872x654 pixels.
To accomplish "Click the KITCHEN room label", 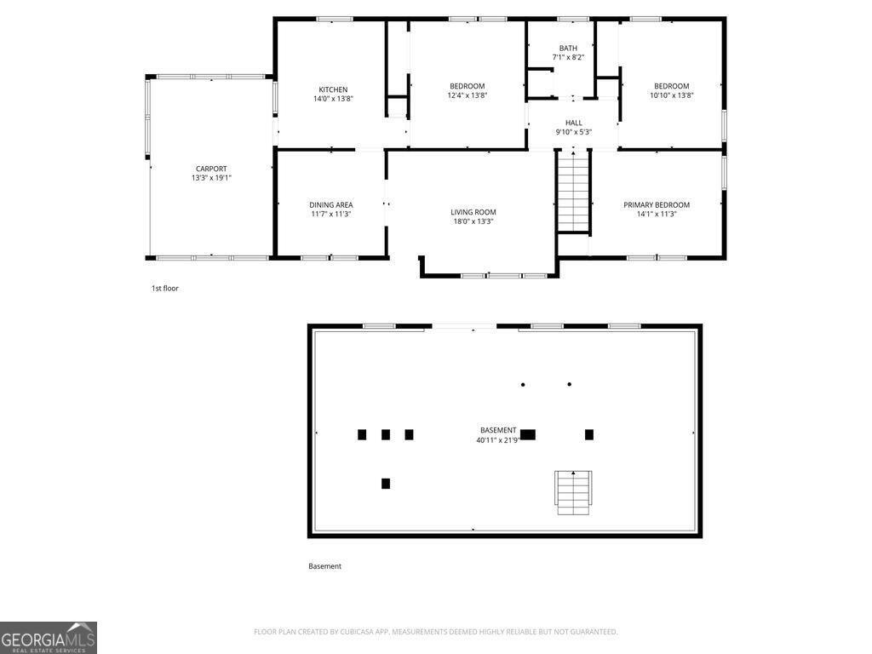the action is coord(333,89).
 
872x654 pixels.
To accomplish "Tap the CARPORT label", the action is coord(211,169).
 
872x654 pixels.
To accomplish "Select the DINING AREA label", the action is coord(331,204).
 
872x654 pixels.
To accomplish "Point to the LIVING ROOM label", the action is coord(473,212).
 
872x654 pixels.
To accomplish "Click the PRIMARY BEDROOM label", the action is coord(657,204).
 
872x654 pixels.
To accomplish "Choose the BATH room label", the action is coord(568,49).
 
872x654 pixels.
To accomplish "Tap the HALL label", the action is coord(574,123).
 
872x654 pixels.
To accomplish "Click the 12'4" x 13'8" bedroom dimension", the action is coord(468,95).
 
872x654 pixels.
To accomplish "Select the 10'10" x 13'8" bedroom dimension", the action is coord(672,95).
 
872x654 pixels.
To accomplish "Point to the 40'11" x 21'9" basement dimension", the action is coord(497,440).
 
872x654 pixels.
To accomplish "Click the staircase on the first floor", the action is coord(573,190).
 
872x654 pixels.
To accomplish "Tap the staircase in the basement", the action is coord(573,493).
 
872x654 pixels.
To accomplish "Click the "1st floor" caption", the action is coord(165,288).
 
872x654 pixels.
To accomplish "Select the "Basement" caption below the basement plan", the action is coord(324,566).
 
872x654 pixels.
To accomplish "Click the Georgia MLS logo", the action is coord(49,638).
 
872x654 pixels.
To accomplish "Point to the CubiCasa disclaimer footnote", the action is coord(435,632).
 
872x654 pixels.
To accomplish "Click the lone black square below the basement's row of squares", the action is coord(386,484).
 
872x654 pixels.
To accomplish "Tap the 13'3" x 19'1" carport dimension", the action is coord(211,178).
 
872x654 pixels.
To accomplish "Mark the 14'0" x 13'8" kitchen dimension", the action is coord(333,99).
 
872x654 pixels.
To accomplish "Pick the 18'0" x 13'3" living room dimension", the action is coord(473,221).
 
